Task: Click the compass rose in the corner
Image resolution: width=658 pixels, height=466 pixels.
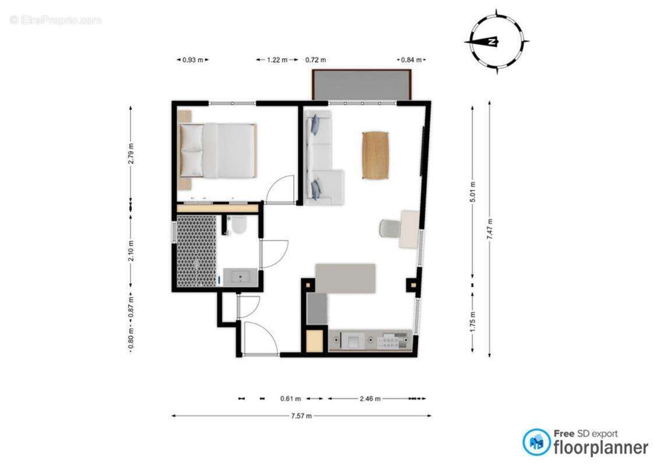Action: click(x=497, y=41)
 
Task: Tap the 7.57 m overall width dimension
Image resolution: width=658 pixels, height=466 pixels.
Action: click(x=301, y=416)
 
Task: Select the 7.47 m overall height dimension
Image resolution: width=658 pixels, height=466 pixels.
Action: click(x=490, y=229)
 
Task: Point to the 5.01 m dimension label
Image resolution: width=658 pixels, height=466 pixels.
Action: click(x=472, y=192)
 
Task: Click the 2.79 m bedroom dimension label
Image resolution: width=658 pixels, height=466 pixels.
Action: click(x=130, y=153)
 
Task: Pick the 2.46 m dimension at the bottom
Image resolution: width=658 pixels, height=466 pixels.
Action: click(x=369, y=399)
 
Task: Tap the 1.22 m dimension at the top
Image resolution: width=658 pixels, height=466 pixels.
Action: click(x=277, y=59)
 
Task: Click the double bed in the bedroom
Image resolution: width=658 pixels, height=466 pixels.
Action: click(x=218, y=150)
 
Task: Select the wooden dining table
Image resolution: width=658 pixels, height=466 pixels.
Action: click(x=376, y=155)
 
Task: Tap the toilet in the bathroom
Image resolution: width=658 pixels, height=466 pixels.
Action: click(x=237, y=225)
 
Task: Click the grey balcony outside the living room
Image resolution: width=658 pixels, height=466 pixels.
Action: click(x=362, y=85)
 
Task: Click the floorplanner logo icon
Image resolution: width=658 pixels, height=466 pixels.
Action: click(x=536, y=443)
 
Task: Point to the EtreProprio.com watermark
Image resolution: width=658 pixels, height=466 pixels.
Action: click(x=55, y=20)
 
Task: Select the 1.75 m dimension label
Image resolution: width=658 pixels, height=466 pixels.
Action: click(x=472, y=322)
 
